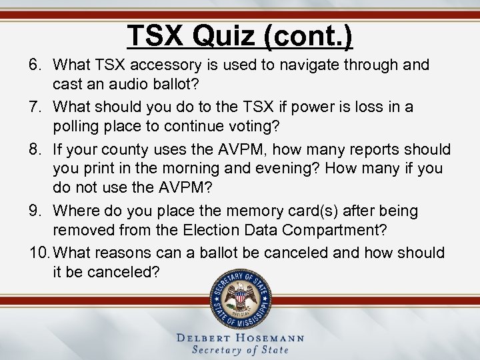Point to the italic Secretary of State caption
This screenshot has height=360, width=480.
[x=240, y=350]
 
